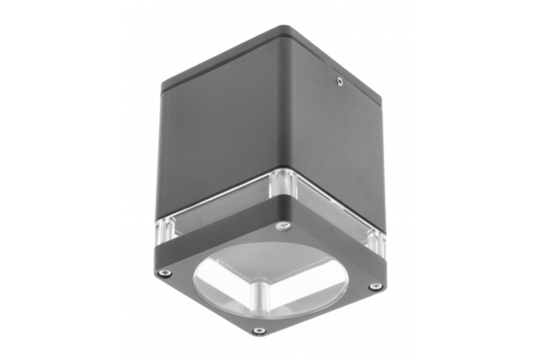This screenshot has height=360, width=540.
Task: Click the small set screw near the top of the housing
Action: [x=338, y=81]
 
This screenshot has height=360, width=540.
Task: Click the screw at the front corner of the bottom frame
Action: [x=259, y=330]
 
